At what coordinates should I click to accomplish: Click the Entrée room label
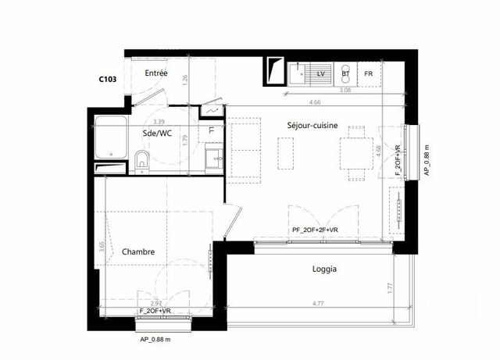coord(156,73)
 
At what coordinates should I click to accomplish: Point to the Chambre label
coord(138,252)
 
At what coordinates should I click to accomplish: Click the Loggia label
coord(323,269)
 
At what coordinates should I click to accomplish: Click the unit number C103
coord(109,79)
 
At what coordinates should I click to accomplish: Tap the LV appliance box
coord(320,73)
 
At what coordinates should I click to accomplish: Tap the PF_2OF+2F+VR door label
coord(315,230)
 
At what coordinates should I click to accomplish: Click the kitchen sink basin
coord(298,74)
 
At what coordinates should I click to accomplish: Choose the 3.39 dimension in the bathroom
coord(159,122)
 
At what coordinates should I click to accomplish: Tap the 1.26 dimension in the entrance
coord(185,79)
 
